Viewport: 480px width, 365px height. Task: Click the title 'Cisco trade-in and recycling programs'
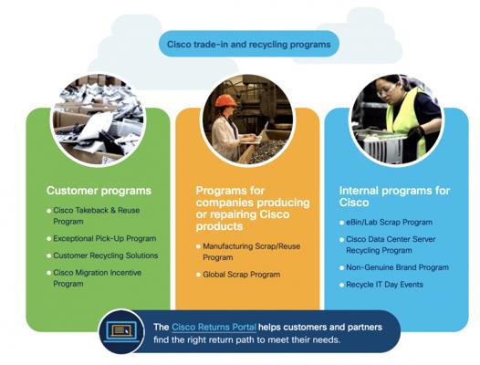tap(248, 45)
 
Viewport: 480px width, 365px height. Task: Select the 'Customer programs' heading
tap(99, 191)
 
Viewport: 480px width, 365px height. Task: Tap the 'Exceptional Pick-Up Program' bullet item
tap(105, 238)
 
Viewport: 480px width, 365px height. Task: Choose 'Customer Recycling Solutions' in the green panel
tap(106, 255)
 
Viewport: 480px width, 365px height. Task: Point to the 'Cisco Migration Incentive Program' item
tap(98, 278)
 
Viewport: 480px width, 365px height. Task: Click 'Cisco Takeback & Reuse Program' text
tap(97, 215)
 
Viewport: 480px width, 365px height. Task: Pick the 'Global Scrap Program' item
tap(242, 275)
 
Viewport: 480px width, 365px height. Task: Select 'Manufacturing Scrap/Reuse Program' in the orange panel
tap(251, 252)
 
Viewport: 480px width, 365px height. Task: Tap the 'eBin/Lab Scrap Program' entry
tap(389, 223)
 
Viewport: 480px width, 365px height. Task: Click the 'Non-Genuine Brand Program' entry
tap(397, 267)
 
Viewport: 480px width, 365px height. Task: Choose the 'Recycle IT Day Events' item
tap(384, 285)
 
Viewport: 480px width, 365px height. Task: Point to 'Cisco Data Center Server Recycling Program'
tap(391, 245)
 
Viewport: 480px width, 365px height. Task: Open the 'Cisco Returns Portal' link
tap(214, 327)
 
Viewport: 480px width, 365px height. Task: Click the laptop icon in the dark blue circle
tap(121, 331)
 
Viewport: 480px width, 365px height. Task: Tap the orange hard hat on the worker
tap(226, 100)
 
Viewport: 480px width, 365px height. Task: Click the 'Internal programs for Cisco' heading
tap(394, 196)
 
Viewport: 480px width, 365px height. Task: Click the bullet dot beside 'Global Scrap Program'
tap(198, 275)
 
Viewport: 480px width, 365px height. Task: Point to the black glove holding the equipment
tap(416, 132)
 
